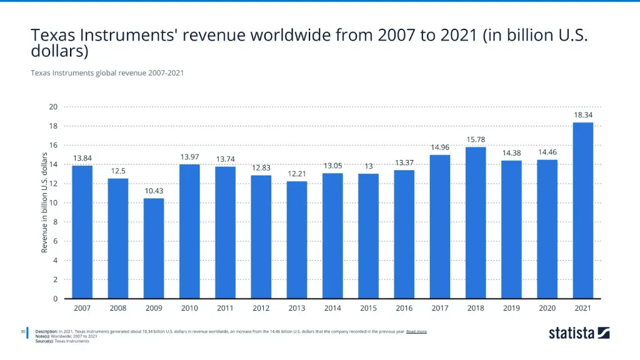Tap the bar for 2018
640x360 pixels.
coord(476,222)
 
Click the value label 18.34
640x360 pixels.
coord(582,115)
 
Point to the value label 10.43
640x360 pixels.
coord(154,191)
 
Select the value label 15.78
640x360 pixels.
coord(476,139)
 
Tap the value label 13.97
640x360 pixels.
coord(189,156)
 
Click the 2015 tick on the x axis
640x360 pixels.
coord(368,309)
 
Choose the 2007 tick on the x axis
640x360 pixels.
coord(82,309)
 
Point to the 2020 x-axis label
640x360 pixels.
coord(547,309)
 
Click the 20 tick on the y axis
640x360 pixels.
coord(54,107)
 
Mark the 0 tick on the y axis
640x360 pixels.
coord(56,299)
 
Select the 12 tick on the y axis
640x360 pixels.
coord(54,184)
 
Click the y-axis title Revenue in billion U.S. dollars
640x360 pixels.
coord(44,202)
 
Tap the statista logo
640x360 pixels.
coord(579,332)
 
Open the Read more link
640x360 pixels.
coord(416,331)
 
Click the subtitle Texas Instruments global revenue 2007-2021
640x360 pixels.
coord(107,73)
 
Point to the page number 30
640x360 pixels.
coord(22,331)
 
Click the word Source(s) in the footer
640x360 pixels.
coord(44,341)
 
